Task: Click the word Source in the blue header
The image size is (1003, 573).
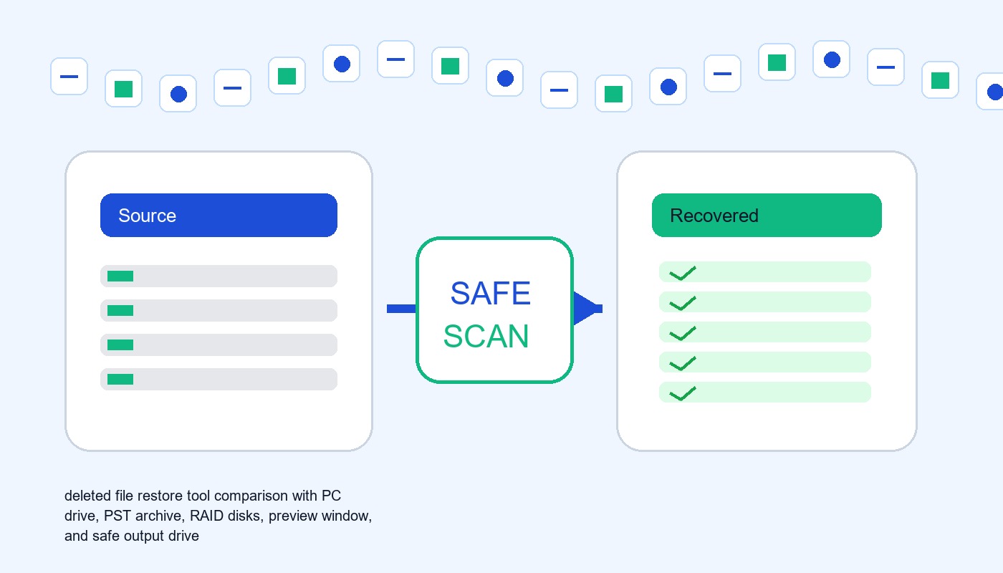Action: click(x=147, y=216)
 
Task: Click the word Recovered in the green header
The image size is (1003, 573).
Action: click(x=714, y=216)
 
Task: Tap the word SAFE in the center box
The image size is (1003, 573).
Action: click(x=490, y=293)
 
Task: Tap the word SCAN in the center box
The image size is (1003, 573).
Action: click(x=486, y=336)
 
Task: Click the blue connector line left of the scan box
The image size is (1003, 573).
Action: click(x=401, y=309)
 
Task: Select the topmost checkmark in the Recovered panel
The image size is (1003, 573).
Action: click(x=682, y=273)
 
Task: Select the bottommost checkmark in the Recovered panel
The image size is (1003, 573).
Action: click(x=682, y=393)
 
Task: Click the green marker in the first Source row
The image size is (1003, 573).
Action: click(x=120, y=276)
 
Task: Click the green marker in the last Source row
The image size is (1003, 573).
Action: click(x=120, y=379)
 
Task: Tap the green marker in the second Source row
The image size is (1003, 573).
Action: click(x=120, y=310)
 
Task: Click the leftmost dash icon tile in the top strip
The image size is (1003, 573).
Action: click(x=69, y=76)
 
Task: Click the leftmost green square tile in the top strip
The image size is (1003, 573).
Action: click(x=123, y=89)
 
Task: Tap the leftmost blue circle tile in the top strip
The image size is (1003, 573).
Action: click(x=178, y=94)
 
